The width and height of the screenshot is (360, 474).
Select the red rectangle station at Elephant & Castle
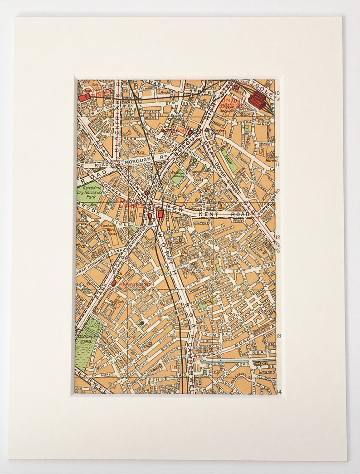(x=160, y=213)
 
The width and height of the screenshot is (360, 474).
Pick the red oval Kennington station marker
(x=113, y=283)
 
